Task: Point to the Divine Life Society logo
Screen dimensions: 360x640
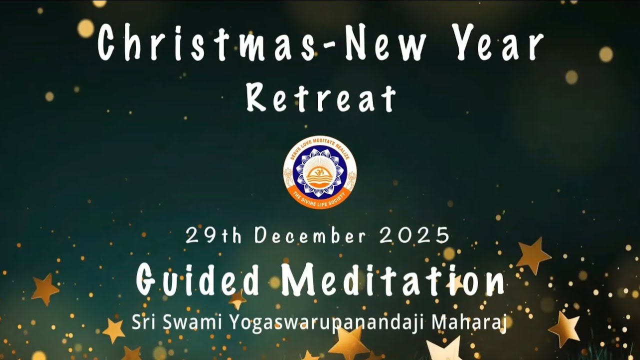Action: pyautogui.click(x=320, y=172)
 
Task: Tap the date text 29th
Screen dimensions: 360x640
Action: pyautogui.click(x=213, y=235)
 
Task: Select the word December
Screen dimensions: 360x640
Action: pyautogui.click(x=310, y=235)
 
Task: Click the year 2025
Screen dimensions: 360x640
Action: pyautogui.click(x=414, y=235)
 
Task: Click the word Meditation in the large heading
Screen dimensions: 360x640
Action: pyautogui.click(x=392, y=280)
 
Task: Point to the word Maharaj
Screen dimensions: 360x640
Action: pyautogui.click(x=469, y=322)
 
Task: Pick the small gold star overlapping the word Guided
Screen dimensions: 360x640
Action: pyautogui.click(x=237, y=299)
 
